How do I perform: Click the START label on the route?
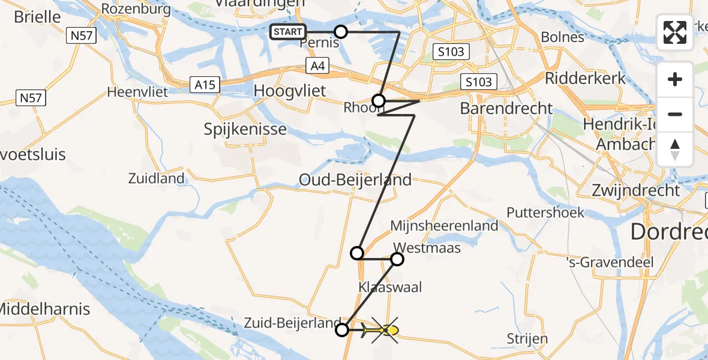click(x=288, y=32)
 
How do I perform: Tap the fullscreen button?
click(x=675, y=32)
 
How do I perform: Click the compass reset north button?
click(x=675, y=149)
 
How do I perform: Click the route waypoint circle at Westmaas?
click(x=397, y=259)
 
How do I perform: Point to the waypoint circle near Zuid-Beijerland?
click(x=341, y=329)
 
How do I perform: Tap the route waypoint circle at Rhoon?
click(x=379, y=100)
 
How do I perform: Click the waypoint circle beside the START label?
click(x=340, y=32)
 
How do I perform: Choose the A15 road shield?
click(x=205, y=85)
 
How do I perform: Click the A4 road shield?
click(x=318, y=66)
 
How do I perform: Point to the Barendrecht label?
click(x=506, y=109)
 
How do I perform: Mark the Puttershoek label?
click(x=545, y=212)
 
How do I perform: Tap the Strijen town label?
click(x=527, y=338)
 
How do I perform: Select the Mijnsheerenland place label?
click(x=444, y=226)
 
